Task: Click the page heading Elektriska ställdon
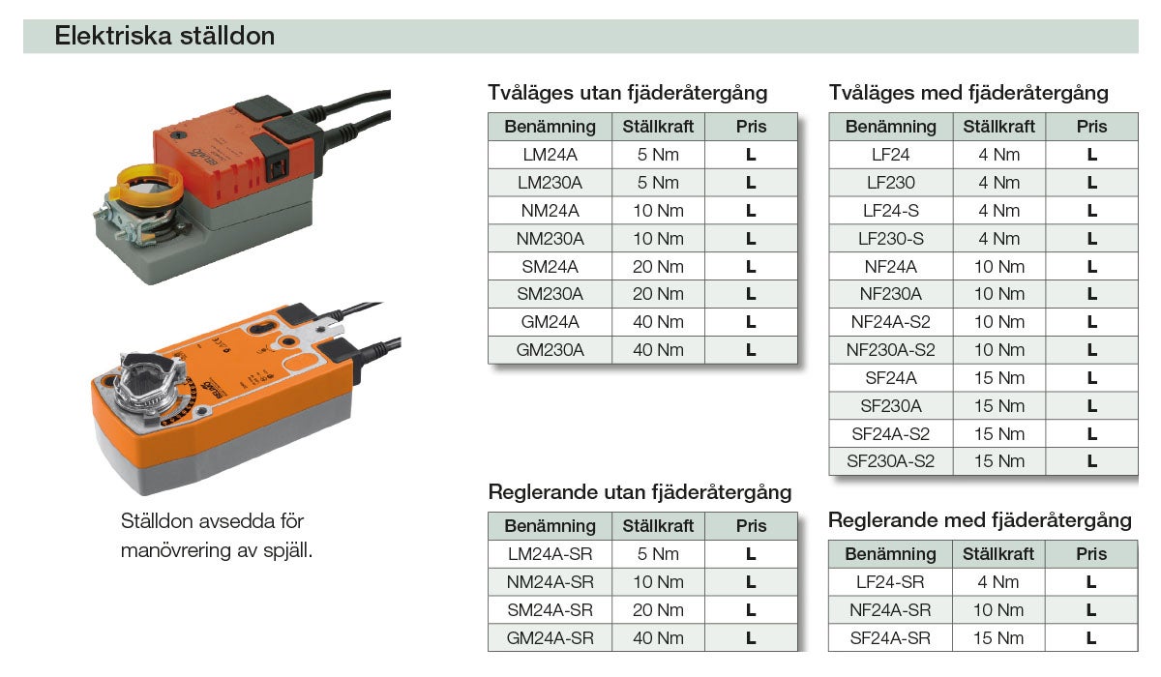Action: [164, 36]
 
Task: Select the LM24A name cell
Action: [550, 155]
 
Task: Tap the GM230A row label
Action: [550, 350]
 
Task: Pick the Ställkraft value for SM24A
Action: [658, 267]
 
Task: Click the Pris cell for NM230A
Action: [751, 239]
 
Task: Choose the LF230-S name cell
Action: [890, 239]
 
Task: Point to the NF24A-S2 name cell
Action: [890, 322]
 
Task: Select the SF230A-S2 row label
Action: [890, 461]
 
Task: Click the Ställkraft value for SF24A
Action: [999, 378]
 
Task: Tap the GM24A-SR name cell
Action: [550, 638]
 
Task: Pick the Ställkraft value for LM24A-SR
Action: [658, 554]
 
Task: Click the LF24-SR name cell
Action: [890, 582]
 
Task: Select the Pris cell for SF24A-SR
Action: [1091, 638]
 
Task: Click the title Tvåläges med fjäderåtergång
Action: [968, 93]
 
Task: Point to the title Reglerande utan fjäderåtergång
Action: [640, 492]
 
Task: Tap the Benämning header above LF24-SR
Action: [890, 554]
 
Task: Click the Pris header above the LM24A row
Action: [751, 127]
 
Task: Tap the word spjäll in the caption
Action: [287, 550]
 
